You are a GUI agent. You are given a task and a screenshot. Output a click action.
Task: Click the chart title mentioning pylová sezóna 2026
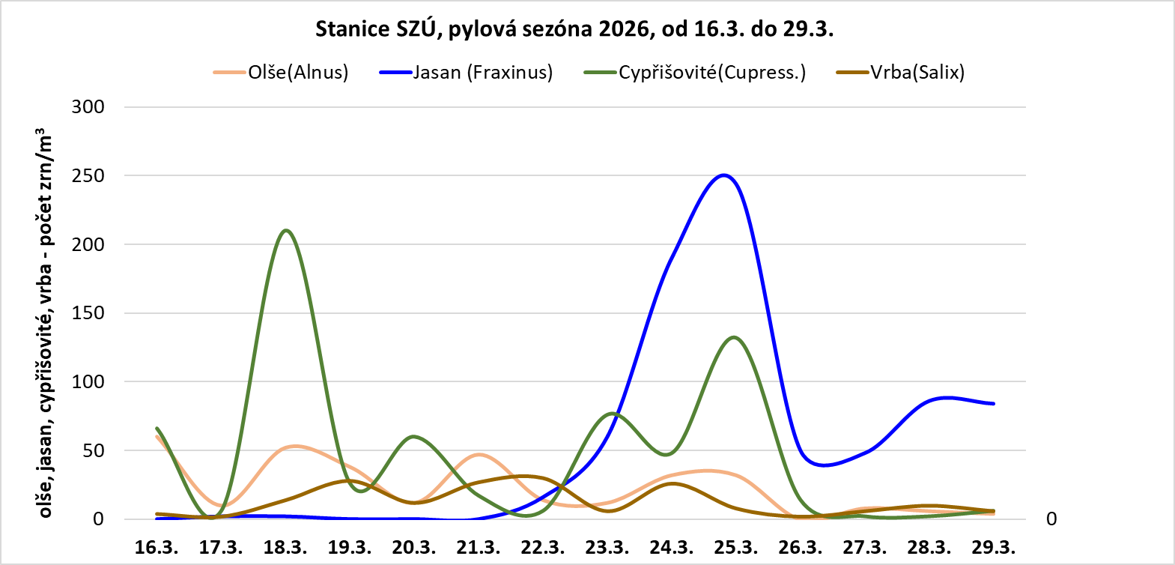click(574, 29)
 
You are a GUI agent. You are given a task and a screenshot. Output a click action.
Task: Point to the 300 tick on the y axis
click(88, 106)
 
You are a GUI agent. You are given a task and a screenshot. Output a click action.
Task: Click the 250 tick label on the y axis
click(88, 175)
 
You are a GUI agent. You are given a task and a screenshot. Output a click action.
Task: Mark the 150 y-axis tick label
click(88, 313)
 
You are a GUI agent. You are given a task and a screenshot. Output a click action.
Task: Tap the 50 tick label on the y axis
click(94, 450)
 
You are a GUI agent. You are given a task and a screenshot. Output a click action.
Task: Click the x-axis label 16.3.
click(157, 547)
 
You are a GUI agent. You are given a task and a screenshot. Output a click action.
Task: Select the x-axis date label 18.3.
click(285, 547)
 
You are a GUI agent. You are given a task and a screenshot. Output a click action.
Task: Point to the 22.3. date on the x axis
click(543, 547)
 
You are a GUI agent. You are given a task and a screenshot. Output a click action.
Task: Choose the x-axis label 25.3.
click(736, 547)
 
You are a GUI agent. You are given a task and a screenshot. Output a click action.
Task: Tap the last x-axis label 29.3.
click(994, 547)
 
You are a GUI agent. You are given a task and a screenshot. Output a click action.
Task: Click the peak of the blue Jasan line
click(723, 175)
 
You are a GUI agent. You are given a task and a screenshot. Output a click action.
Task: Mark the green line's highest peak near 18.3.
click(286, 230)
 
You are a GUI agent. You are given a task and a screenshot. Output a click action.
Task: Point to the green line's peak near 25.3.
click(734, 337)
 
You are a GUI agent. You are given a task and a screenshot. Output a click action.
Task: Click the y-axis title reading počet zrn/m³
click(46, 324)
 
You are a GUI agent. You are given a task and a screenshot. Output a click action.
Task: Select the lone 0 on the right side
click(1051, 519)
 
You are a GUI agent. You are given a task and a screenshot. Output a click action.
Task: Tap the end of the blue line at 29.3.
click(994, 403)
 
